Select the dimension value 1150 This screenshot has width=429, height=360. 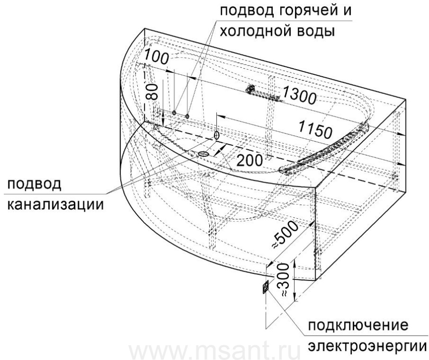315,129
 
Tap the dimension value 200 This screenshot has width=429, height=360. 249,161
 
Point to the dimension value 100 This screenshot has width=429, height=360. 156,56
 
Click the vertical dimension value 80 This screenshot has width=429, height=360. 152,92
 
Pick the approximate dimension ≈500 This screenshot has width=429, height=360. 285,235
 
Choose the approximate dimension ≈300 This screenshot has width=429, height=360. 283,280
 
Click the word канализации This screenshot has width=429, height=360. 56,204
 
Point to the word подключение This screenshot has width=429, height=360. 358,326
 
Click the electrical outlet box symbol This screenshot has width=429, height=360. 266,287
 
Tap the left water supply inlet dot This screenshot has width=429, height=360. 174,113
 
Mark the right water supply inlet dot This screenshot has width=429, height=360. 187,116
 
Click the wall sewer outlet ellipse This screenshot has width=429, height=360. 217,135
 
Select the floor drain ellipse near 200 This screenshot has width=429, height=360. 203,154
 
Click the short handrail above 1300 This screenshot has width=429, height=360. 263,94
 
